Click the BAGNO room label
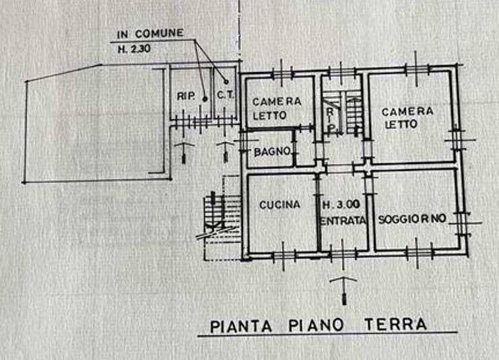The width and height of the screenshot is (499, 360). [x=273, y=151]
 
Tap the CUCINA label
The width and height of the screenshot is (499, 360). [x=279, y=205]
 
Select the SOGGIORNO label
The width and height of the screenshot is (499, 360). [x=412, y=219]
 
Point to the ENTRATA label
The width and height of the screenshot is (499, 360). [x=343, y=221]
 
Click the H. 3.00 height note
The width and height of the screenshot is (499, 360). [x=342, y=205]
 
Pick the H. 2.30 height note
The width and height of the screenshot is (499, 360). [x=134, y=49]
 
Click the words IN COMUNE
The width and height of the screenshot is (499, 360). [x=150, y=34]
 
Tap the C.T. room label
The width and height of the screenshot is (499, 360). [x=226, y=94]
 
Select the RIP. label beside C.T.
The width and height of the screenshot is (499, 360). [x=186, y=96]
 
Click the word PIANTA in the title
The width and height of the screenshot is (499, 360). [x=241, y=326]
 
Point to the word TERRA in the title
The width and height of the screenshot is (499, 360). [x=395, y=324]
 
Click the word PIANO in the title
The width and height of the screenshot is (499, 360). [x=316, y=325]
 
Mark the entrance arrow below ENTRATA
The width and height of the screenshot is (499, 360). [x=343, y=290]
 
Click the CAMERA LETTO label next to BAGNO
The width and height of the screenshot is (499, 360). [x=277, y=108]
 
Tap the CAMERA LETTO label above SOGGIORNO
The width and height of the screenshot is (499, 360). [x=407, y=118]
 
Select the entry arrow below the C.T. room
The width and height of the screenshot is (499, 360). [x=226, y=152]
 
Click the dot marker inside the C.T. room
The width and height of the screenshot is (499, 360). [x=226, y=81]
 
